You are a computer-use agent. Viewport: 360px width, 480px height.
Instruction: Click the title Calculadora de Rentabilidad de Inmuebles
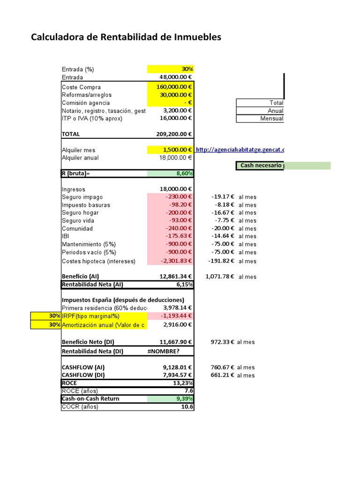[126, 37]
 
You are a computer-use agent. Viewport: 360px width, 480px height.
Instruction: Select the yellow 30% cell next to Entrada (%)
[170, 69]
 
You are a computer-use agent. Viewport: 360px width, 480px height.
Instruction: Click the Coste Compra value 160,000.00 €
[170, 87]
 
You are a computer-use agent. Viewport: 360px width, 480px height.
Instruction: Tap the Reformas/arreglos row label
[87, 95]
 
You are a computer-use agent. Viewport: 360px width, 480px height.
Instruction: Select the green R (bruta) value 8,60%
[170, 173]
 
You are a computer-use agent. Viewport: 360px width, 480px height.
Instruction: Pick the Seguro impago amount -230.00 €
[170, 197]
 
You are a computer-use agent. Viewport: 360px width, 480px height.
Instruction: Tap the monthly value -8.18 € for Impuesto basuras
[223, 205]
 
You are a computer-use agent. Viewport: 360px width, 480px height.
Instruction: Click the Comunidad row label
[77, 228]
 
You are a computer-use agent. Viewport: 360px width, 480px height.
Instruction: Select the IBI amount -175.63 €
[170, 236]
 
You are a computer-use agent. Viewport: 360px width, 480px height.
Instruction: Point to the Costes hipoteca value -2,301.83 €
[170, 261]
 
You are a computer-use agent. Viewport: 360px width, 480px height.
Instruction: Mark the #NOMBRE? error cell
[163, 351]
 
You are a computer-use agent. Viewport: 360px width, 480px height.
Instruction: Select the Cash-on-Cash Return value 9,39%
[170, 399]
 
